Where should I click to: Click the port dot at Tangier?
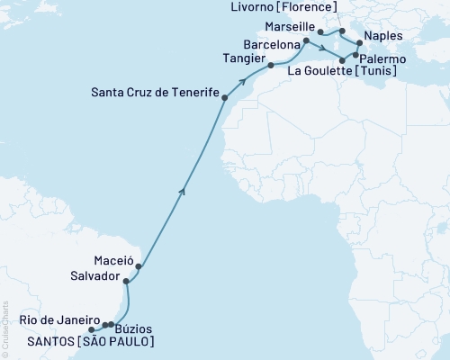coord(270,65)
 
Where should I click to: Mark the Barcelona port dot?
coord(306,40)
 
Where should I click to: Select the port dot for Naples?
coord(359,43)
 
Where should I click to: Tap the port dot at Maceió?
coord(139,266)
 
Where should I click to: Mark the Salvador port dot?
coord(126,282)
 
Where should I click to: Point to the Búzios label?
coord(135,329)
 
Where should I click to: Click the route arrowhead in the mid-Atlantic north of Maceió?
coord(184,190)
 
